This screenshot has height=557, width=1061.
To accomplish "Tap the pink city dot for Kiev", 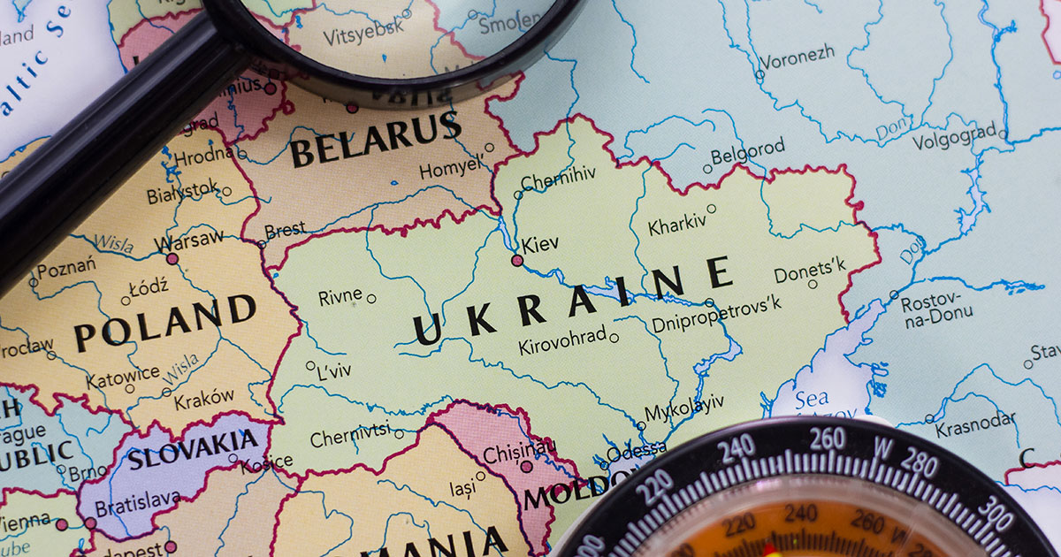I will point(517,260).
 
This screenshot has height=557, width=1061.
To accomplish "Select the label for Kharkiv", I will point(677,225).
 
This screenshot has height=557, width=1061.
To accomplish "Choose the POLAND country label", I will point(164,324).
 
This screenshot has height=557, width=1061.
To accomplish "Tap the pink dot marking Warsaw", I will point(172,259).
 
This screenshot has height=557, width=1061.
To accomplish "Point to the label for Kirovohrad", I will point(562,340).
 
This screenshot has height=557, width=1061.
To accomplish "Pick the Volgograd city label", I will point(953,140).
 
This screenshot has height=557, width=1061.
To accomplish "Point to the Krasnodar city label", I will point(975,425).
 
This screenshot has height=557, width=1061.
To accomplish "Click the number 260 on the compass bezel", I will point(827,439).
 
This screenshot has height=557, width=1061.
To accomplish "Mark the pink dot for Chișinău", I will point(526,466).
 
